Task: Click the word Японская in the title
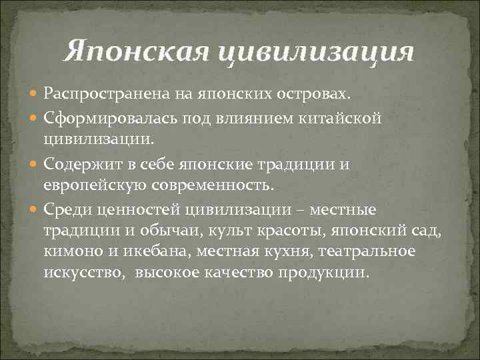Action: [x=141, y=51]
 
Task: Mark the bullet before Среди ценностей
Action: [x=35, y=211]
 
